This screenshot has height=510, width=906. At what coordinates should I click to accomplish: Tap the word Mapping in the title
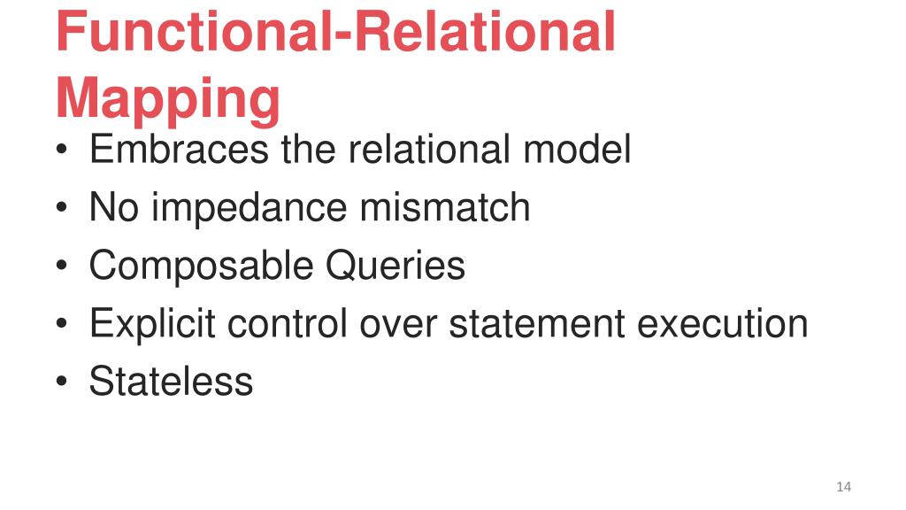coord(167,99)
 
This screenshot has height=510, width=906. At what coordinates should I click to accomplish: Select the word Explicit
coord(151,324)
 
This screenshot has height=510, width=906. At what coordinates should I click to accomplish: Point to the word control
coord(287,324)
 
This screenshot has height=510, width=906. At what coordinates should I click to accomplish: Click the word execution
coord(723,324)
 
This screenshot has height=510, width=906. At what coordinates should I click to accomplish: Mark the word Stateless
coord(171,382)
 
